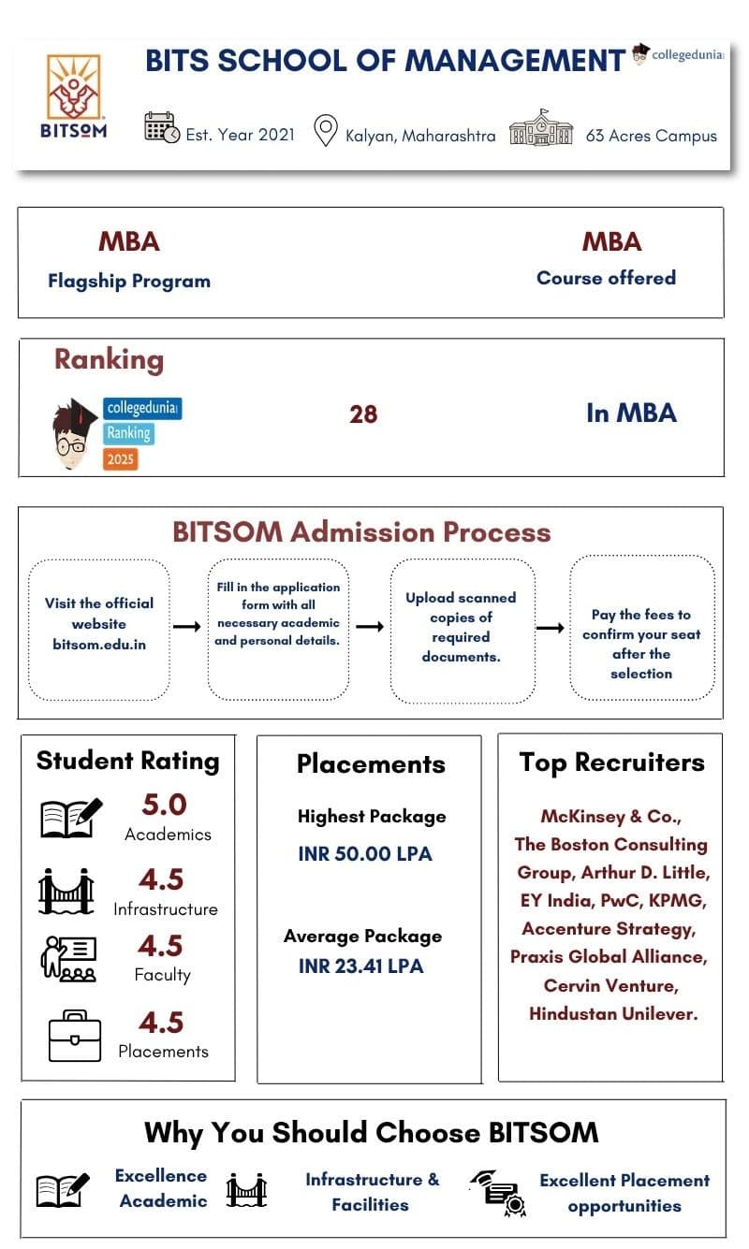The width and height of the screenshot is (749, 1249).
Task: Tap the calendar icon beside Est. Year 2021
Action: pos(161,127)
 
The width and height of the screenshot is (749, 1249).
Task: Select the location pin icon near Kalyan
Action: pos(325,131)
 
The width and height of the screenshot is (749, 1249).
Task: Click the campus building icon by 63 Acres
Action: pos(541,128)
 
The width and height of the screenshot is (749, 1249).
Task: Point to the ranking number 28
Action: pos(363,414)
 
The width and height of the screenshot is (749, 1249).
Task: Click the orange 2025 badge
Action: pos(121,458)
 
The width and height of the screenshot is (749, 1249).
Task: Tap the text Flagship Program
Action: pos(129,281)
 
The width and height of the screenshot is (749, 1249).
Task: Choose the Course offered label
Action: pos(606,278)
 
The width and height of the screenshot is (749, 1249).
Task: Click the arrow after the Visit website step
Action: pos(187,627)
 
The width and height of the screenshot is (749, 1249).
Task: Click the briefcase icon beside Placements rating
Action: pos(75,1035)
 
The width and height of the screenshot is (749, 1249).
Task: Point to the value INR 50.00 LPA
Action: pos(365,854)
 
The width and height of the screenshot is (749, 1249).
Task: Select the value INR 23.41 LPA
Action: pos(360,966)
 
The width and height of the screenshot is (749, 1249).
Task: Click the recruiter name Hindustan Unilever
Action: pos(613,1013)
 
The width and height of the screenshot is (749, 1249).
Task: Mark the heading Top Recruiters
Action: pos(611,763)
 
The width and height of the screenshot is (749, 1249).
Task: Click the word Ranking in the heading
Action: pos(109,359)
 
